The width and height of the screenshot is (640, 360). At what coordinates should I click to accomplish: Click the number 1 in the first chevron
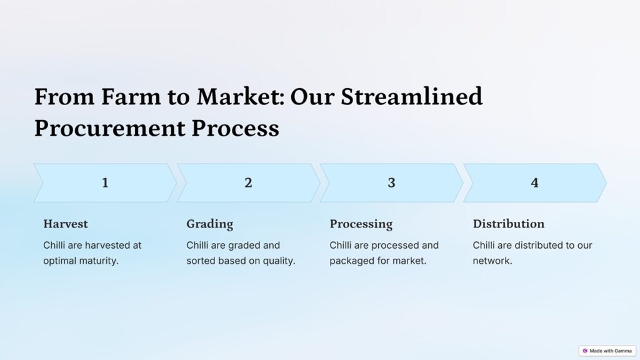[105, 182]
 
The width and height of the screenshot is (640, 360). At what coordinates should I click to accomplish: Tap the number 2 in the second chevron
[248, 182]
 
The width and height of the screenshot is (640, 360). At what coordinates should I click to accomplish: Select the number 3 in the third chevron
[391, 182]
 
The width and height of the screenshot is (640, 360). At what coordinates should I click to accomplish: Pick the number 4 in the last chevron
[535, 182]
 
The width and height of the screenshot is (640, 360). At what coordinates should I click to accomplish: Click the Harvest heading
[66, 224]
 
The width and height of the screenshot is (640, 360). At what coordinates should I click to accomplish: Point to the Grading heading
[210, 224]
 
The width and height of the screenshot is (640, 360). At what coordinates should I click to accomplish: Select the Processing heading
[361, 224]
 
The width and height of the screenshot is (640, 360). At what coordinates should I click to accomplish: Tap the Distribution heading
[509, 224]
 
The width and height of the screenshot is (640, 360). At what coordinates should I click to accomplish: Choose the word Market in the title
[241, 97]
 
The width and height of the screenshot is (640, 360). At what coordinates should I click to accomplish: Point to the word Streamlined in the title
[412, 97]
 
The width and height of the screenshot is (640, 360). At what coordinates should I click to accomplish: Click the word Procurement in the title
[110, 128]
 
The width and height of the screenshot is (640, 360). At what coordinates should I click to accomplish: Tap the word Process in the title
[236, 128]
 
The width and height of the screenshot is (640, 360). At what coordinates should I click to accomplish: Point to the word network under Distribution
[492, 261]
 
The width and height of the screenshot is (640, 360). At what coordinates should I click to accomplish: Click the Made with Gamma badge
[607, 351]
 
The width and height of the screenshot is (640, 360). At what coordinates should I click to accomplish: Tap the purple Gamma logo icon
[585, 351]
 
